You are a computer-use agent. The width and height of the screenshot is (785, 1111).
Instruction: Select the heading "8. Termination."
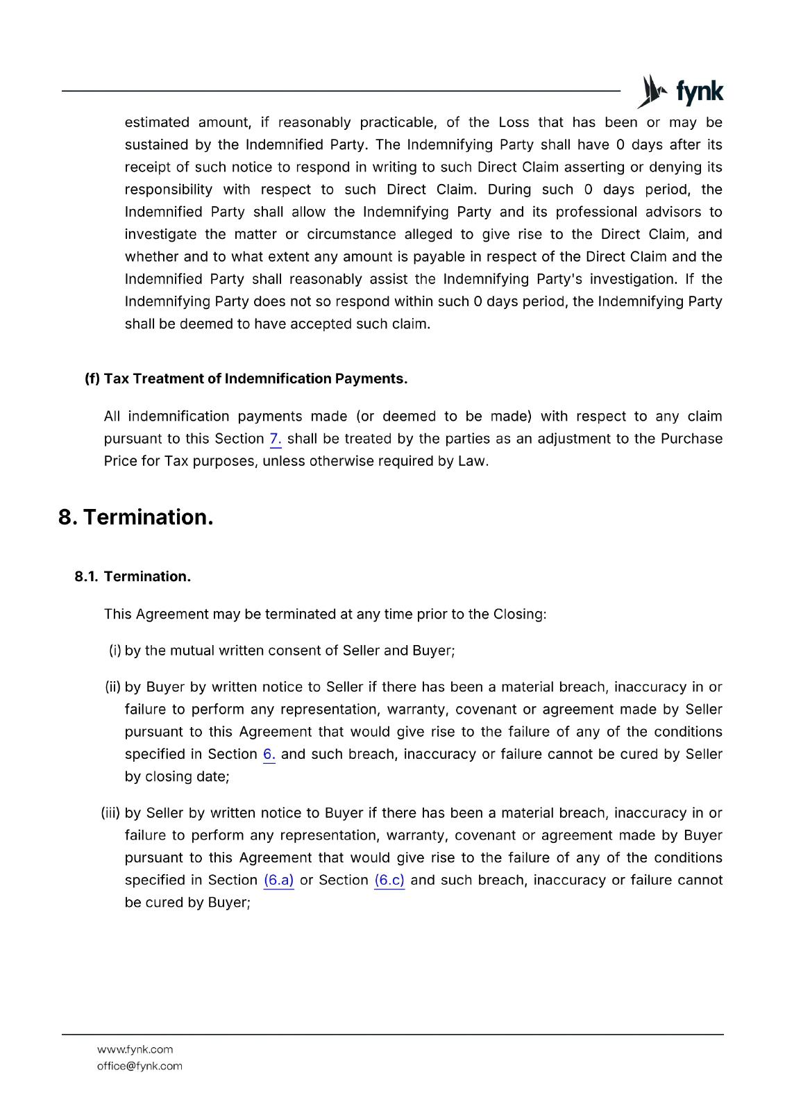(136, 517)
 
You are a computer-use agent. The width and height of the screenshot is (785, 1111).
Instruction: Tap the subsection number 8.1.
(86, 576)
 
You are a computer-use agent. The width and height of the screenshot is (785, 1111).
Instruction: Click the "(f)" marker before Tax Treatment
(92, 378)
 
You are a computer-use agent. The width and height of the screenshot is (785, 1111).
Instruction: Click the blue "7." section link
(276, 439)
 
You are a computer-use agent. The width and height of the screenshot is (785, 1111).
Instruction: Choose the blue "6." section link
(269, 754)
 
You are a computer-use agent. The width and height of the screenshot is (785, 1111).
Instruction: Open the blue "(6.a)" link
(278, 880)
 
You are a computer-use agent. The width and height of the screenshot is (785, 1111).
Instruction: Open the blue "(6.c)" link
(389, 880)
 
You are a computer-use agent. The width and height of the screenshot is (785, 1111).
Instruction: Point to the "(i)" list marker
(115, 651)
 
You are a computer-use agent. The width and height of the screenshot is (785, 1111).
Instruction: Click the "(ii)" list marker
(113, 687)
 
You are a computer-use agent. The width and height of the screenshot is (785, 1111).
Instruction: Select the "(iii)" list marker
(110, 812)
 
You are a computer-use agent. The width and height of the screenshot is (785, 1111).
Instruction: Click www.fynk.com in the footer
(135, 1049)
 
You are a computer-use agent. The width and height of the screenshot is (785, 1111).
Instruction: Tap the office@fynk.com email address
(140, 1066)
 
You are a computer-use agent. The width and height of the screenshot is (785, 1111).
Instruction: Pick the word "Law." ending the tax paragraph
(473, 461)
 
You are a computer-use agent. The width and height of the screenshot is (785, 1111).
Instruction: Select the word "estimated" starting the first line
(157, 122)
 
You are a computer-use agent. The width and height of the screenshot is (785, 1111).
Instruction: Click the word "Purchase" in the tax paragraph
(691, 439)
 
